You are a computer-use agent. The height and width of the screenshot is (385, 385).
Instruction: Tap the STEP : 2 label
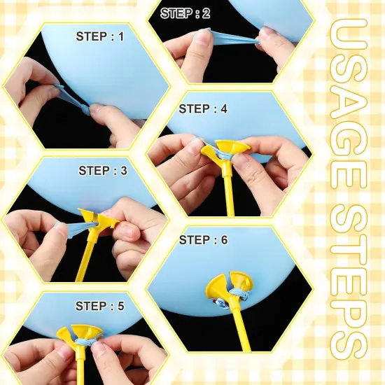pyautogui.click(x=185, y=13)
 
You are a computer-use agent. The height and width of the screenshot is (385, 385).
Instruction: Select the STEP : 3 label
pyautogui.click(x=104, y=170)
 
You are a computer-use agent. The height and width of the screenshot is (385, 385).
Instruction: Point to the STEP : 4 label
pyautogui.click(x=204, y=108)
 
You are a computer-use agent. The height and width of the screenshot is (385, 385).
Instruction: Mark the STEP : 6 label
pyautogui.click(x=204, y=240)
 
